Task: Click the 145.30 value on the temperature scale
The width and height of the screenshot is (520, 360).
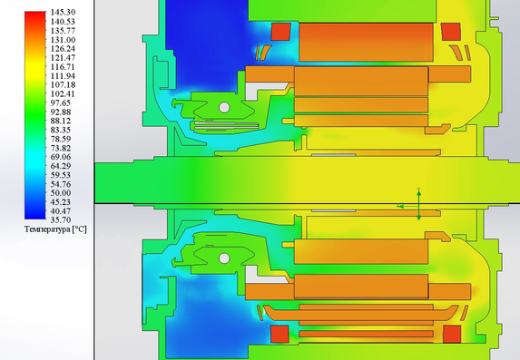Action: coord(63,13)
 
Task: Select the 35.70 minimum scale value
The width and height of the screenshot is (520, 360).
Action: coord(61,219)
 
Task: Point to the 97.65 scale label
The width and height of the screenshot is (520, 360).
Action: coord(61,102)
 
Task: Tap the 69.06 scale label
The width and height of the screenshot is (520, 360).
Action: coord(61,157)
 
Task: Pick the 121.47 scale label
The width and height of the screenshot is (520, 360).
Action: coord(63,58)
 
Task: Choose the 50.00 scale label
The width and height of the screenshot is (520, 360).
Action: coord(61,193)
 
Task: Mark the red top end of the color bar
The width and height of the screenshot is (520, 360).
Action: coord(35,14)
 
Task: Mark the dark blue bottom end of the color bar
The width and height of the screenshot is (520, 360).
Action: coord(35,217)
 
